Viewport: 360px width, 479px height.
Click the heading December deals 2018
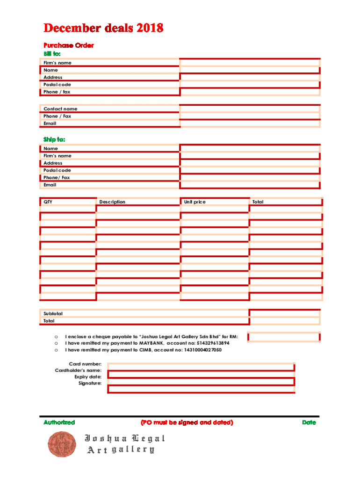[103, 29]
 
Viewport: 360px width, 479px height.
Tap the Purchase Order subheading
[69, 45]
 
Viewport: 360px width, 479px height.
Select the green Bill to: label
[52, 53]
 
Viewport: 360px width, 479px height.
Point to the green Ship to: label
[54, 139]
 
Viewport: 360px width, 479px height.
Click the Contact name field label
[60, 109]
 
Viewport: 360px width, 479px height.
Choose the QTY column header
[48, 202]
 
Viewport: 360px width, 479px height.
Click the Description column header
[112, 202]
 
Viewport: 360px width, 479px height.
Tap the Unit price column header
[194, 202]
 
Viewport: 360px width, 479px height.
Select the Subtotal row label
[53, 313]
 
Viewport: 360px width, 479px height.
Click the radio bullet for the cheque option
[56, 336]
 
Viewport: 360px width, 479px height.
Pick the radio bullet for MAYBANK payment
[56, 343]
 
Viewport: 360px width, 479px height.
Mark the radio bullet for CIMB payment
[56, 350]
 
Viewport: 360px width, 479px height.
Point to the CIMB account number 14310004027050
[203, 350]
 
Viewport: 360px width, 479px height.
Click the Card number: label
[85, 363]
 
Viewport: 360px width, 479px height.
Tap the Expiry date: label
[87, 377]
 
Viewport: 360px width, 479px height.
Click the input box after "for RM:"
[283, 337]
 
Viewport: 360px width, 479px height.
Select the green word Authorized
[59, 422]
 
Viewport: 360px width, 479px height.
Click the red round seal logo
[61, 444]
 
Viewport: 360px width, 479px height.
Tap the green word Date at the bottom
[309, 422]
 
